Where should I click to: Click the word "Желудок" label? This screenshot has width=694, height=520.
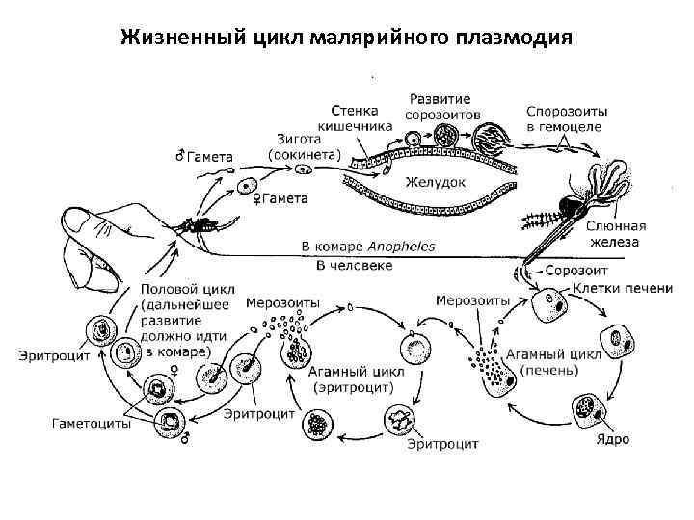click(436, 181)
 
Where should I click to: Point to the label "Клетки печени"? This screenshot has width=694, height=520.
click(623, 289)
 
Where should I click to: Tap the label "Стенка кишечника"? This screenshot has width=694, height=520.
click(356, 117)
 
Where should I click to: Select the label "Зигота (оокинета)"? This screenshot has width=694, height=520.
click(304, 146)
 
